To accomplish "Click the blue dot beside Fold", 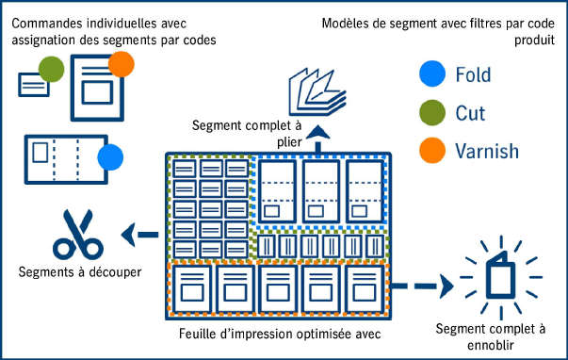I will (431, 74).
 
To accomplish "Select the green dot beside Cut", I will (431, 112).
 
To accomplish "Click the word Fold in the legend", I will (472, 74).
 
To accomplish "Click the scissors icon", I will (76, 236).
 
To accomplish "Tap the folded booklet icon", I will (316, 91).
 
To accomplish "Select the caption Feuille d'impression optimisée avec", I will (275, 333).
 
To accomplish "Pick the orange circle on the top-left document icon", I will (122, 64).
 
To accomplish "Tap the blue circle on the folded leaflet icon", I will (110, 157).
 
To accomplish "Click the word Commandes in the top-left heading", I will (42, 22).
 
